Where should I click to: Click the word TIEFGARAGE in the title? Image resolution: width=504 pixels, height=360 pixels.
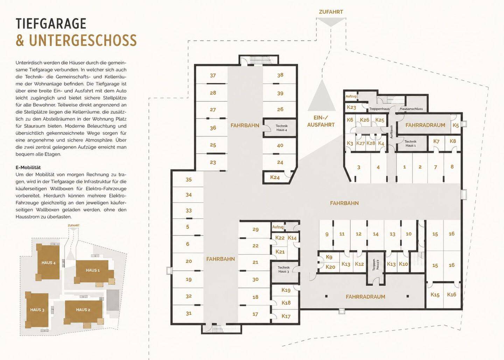51,23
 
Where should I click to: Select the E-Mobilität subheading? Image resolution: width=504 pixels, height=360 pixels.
28,168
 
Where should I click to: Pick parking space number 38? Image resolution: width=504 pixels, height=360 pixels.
280,75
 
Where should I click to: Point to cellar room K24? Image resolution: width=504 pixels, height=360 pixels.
275,177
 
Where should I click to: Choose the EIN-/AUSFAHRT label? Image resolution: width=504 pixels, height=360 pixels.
321,121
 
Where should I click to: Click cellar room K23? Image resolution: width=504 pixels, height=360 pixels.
351,107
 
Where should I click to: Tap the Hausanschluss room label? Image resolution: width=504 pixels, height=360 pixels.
411,109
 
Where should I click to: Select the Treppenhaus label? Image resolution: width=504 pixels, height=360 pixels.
379,109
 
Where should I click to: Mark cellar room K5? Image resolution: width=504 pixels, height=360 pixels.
456,125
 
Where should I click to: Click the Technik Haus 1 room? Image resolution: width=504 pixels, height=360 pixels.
411,143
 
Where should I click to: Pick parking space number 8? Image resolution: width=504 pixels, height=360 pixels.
452,167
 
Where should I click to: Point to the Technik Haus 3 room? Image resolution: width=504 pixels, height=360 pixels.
283,269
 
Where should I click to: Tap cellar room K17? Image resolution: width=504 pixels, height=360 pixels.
286,316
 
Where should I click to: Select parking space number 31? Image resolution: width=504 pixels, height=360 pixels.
189,313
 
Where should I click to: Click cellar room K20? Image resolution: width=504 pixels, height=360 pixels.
330,267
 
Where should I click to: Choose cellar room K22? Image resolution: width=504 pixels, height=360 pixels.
280,238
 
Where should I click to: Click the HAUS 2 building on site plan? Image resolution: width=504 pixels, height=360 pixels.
83,310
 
